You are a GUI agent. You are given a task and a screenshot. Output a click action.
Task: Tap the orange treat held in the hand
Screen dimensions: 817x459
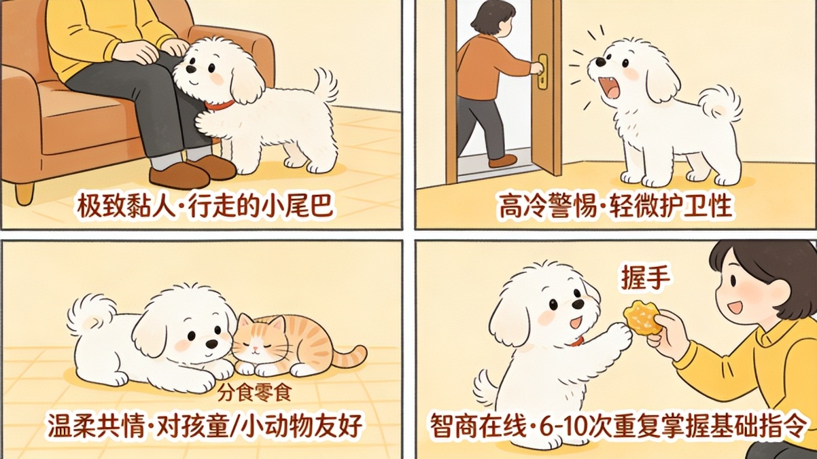(642, 317)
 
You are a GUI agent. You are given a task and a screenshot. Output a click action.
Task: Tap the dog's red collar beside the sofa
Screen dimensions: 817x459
(220, 105)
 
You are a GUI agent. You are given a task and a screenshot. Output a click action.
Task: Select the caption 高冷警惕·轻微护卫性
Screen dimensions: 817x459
(615, 207)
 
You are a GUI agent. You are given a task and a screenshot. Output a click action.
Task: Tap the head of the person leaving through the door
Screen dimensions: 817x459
(492, 20)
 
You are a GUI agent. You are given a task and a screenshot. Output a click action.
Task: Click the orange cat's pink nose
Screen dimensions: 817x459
(256, 347)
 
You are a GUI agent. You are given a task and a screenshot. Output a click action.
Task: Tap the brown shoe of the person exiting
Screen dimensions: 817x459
(502, 161)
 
